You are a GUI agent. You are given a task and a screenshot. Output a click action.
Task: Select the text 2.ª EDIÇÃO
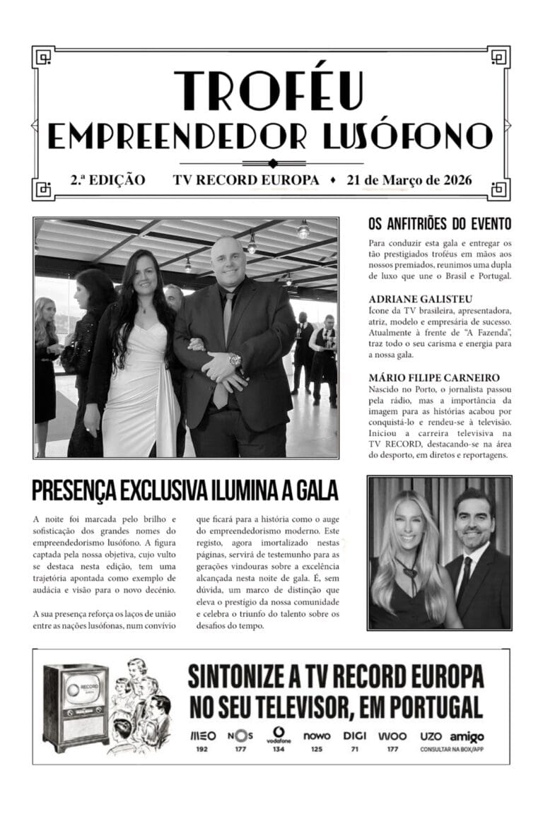pos(107,179)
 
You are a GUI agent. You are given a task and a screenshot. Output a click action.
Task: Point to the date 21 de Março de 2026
pos(409,179)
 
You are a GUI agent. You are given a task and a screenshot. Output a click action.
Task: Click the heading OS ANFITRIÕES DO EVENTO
pos(439,225)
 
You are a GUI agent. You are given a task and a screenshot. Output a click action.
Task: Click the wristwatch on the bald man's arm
pos(235,360)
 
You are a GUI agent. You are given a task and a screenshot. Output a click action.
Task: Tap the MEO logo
pos(203,736)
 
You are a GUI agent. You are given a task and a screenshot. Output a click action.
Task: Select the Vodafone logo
pos(279,736)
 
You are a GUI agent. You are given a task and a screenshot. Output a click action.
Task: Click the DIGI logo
pos(354,736)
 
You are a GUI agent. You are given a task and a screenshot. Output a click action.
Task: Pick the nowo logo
pos(317,736)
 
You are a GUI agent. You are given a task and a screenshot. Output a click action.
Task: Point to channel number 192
pos(203,749)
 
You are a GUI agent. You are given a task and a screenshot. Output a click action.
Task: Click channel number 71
pos(354,749)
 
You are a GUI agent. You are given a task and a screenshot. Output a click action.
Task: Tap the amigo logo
pos(467,736)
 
